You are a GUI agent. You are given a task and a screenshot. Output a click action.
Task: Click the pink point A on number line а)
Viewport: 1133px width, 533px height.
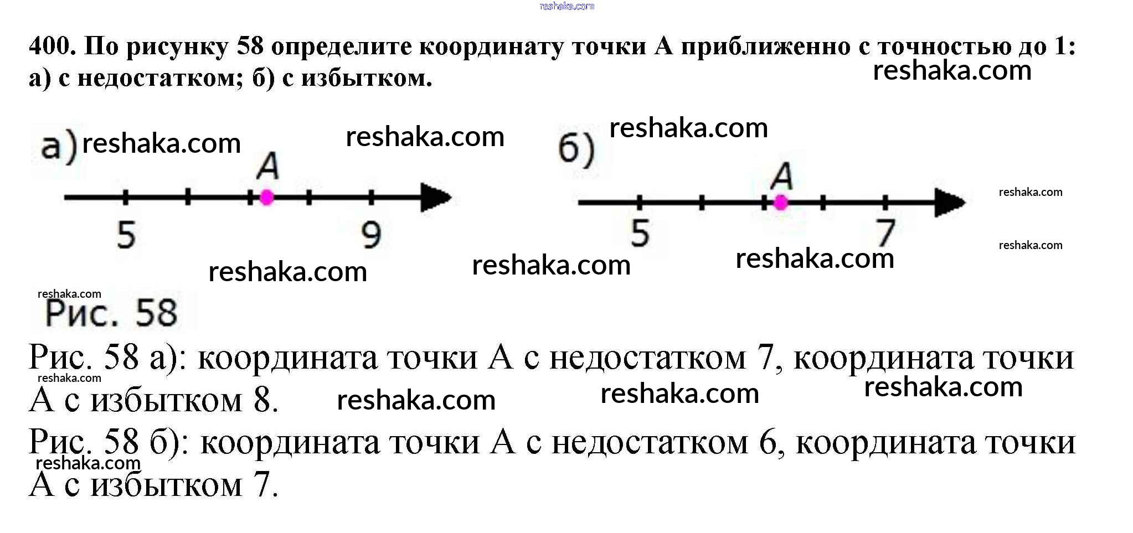click(x=267, y=197)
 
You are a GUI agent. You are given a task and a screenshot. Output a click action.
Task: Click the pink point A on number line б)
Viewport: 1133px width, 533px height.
click(x=781, y=203)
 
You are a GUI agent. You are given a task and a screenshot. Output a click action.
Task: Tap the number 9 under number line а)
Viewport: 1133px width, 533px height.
click(x=371, y=234)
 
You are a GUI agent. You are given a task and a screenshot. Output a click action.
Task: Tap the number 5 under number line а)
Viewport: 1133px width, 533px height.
click(x=126, y=234)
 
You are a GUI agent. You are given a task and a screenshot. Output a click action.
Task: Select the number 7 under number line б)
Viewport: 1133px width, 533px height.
click(x=885, y=232)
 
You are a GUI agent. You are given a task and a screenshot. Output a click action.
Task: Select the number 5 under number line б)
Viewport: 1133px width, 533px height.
click(x=640, y=232)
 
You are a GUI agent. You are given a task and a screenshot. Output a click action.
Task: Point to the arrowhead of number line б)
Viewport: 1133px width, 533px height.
click(x=950, y=203)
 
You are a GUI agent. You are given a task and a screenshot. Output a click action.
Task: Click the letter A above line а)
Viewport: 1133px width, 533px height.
click(x=268, y=165)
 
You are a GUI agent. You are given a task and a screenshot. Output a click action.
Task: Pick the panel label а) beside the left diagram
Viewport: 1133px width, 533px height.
click(x=59, y=147)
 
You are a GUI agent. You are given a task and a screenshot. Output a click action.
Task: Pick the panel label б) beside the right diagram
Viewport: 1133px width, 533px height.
click(x=576, y=149)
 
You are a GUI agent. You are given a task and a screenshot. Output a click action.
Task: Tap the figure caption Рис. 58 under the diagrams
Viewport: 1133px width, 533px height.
click(x=111, y=313)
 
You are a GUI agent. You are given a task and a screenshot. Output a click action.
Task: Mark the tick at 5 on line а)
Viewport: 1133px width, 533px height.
click(x=126, y=197)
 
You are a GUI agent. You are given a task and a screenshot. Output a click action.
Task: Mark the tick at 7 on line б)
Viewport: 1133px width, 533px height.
click(x=885, y=203)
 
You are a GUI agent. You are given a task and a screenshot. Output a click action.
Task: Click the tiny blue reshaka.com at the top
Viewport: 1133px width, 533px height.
click(x=566, y=6)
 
